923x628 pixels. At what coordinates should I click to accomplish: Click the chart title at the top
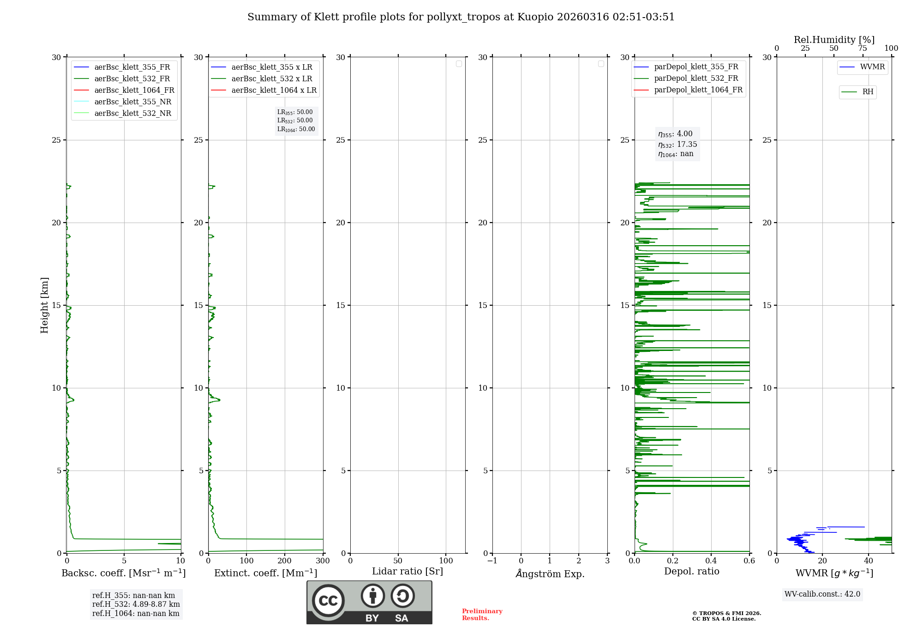coord(461,17)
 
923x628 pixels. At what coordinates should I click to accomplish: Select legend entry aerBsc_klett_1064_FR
coord(134,90)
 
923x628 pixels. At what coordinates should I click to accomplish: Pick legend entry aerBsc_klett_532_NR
coord(132,113)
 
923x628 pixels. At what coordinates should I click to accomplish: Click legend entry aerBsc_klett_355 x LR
coord(271,67)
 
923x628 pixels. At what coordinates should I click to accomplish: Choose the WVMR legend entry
coord(872,67)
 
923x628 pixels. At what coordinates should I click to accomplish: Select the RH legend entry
coord(867,92)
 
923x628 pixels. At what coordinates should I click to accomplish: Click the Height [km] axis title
coord(44,305)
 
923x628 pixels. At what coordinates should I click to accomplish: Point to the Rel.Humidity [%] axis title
coord(834,40)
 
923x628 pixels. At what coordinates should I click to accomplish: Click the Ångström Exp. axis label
coord(550,574)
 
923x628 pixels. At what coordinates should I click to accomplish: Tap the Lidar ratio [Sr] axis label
coord(408,571)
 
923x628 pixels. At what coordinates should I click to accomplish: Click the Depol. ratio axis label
coord(691,571)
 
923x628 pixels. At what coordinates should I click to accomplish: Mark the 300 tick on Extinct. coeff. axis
coord(323,561)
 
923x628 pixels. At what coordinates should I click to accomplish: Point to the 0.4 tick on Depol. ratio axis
coord(711,561)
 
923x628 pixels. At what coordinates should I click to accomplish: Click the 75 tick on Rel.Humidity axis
coord(862,48)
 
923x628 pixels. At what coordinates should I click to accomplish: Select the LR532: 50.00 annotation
coord(295,121)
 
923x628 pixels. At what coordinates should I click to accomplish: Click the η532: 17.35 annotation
coord(677,145)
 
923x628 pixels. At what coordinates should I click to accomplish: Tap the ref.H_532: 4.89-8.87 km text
coord(136,604)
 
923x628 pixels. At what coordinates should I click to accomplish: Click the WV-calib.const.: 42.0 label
coord(822,594)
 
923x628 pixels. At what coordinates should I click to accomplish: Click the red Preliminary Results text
coord(482,614)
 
